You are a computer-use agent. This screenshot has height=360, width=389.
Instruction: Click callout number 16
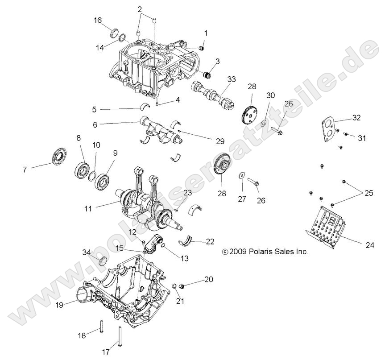98,20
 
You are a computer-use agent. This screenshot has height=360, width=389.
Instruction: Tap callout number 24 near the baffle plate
369,245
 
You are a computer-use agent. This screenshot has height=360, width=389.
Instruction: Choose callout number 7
25,169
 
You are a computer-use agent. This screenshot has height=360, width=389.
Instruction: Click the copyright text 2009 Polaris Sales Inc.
265,252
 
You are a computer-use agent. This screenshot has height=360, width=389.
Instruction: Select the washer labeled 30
264,123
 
